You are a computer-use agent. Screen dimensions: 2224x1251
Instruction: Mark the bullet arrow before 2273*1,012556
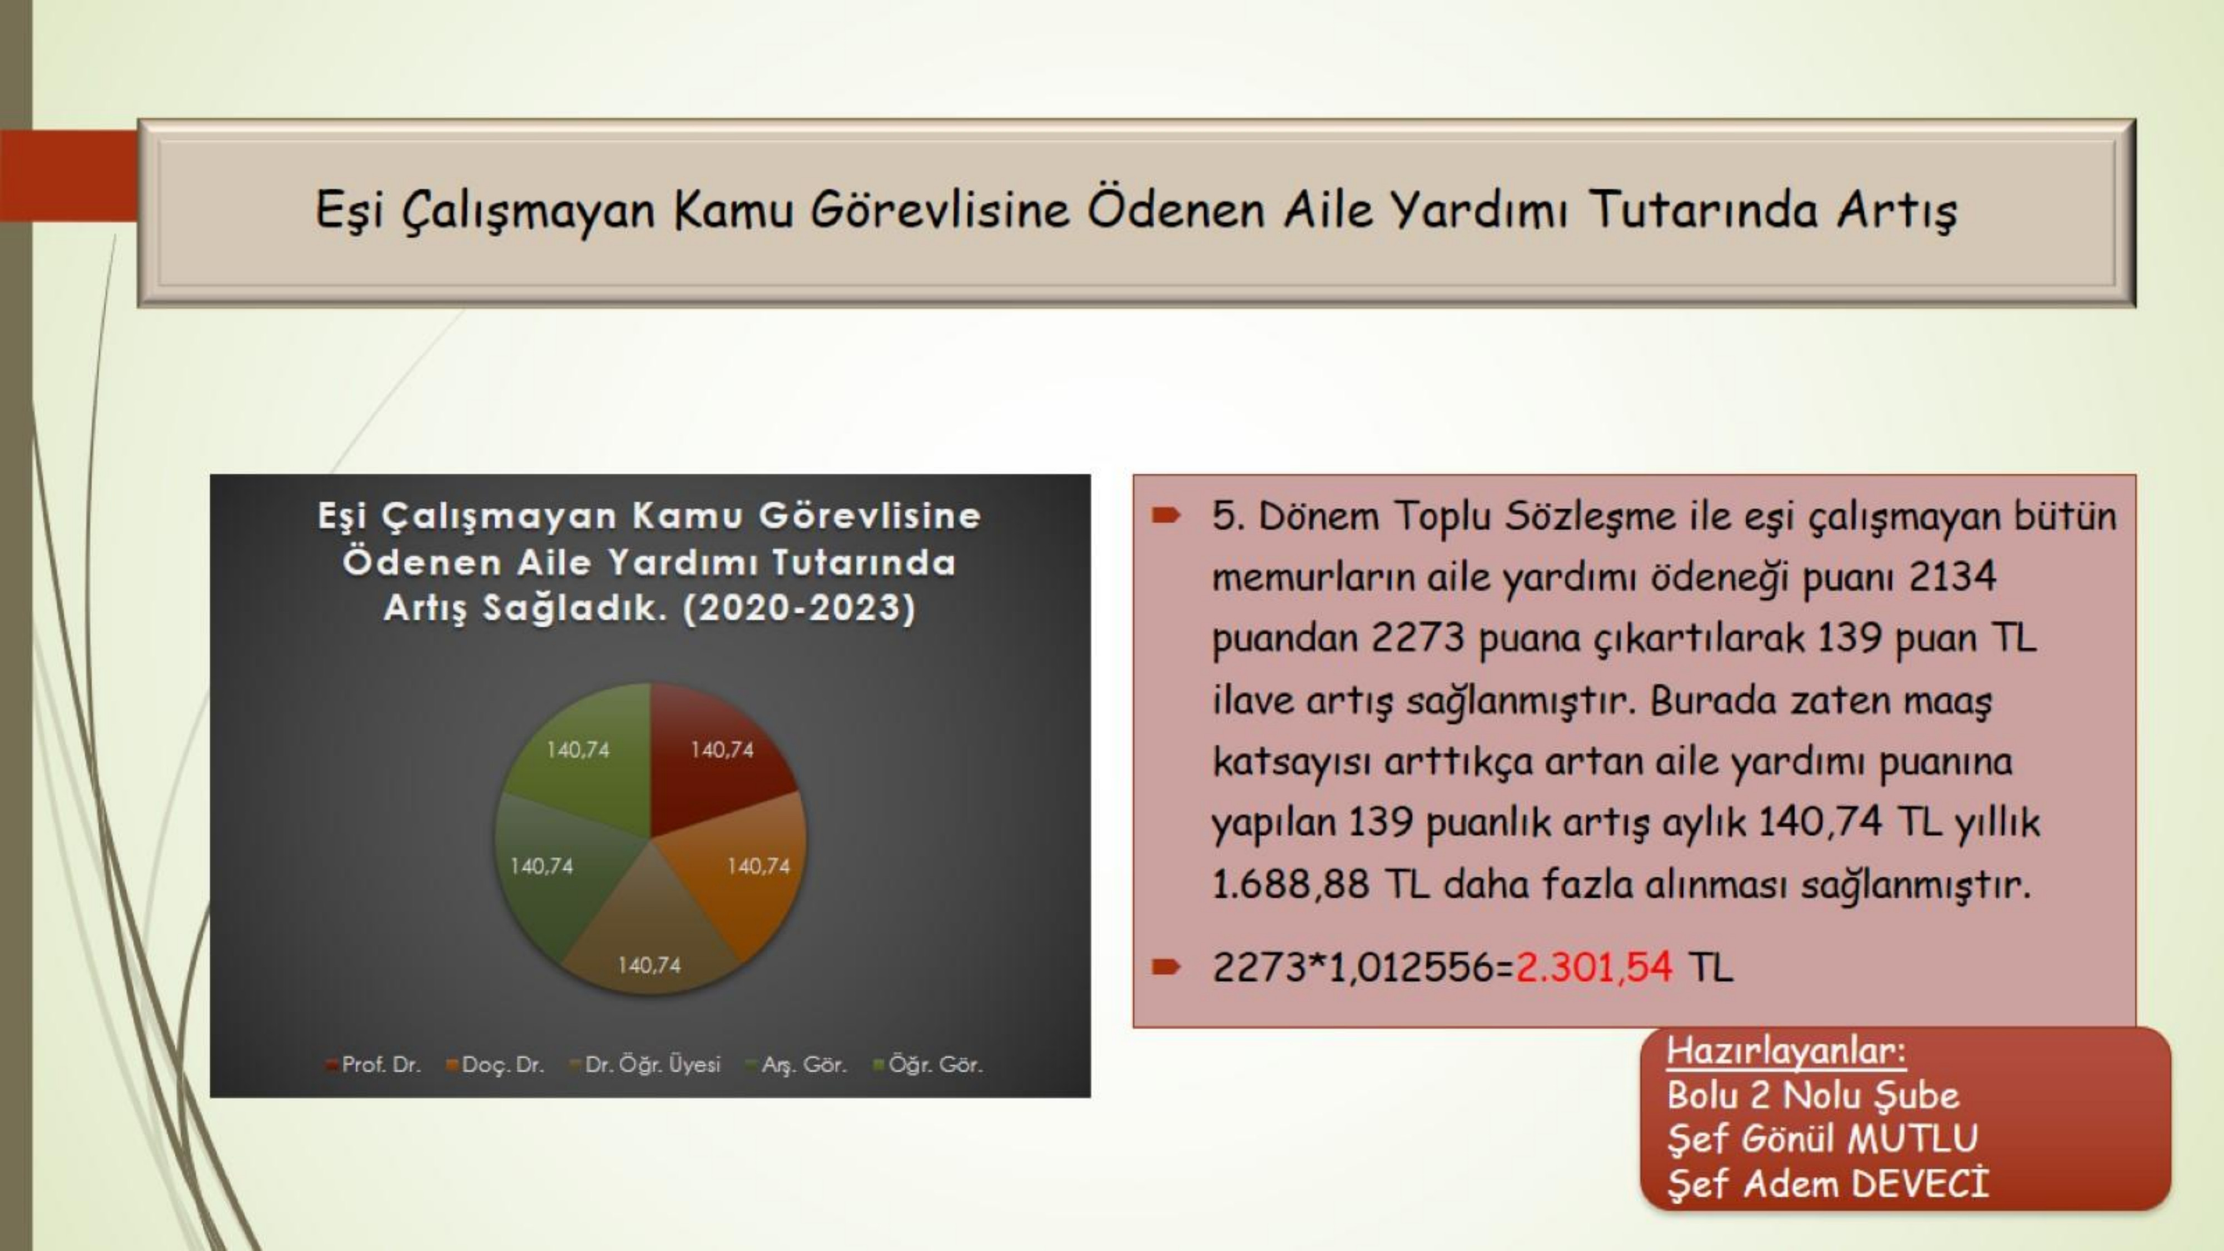(1165, 967)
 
